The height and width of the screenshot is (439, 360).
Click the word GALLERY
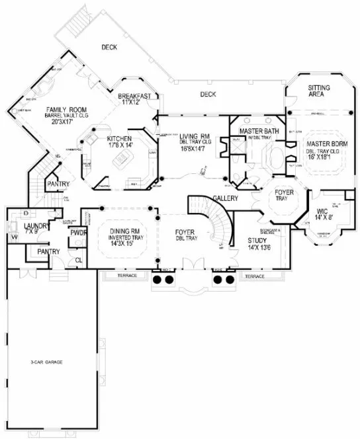click(226, 198)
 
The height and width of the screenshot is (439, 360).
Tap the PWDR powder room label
click(79, 233)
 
